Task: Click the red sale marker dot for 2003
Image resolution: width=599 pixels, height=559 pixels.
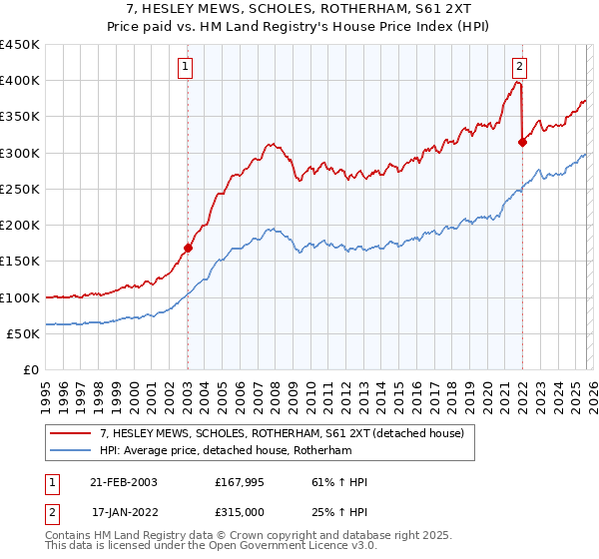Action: (x=188, y=248)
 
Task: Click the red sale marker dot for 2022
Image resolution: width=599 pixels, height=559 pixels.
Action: (x=522, y=142)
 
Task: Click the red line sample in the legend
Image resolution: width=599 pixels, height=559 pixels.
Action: (x=72, y=434)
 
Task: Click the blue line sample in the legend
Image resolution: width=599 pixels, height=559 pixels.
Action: (x=72, y=452)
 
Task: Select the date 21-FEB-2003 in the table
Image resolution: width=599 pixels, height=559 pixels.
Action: (x=123, y=482)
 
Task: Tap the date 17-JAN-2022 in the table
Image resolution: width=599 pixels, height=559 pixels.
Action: (x=123, y=514)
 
